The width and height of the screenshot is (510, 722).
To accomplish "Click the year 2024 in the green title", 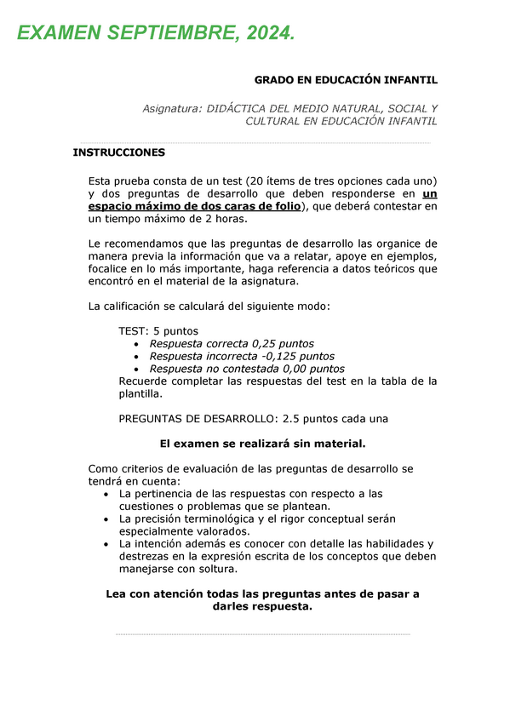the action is tap(267, 33).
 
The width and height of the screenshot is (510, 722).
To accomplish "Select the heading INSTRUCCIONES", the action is tap(119, 153).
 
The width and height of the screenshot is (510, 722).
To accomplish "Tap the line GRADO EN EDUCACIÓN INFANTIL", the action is tap(346, 80).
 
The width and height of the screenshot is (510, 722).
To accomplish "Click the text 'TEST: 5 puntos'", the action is tap(158, 330).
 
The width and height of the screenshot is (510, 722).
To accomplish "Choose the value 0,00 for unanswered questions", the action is tap(296, 369).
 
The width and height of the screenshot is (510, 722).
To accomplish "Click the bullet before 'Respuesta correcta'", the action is tap(138, 344).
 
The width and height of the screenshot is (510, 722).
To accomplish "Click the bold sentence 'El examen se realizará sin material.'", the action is tap(263, 443).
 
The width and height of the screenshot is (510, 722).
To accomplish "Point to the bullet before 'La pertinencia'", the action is tap(105, 495).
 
